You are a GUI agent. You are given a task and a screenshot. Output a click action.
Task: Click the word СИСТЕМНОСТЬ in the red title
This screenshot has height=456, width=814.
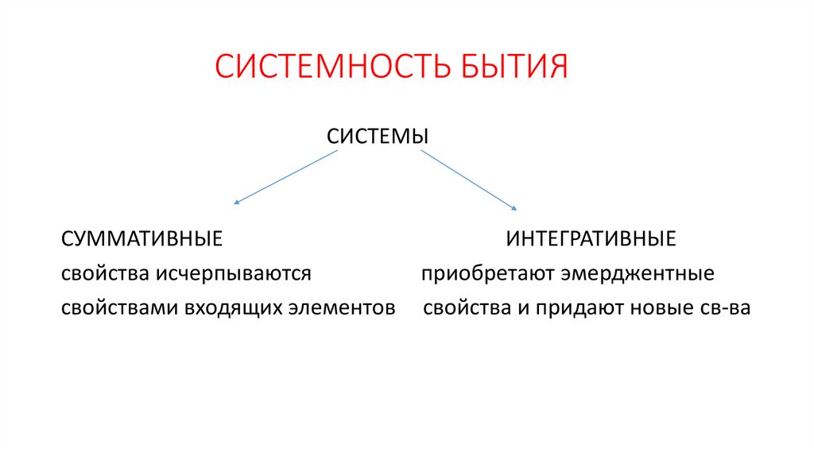[331, 68]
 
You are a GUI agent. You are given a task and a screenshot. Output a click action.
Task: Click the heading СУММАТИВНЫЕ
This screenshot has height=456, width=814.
[141, 238]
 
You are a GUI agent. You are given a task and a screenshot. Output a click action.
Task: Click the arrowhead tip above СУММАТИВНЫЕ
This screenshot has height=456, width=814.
[236, 204]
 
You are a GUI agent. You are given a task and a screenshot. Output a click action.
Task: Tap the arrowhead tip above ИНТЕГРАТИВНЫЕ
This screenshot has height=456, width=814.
[515, 209]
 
